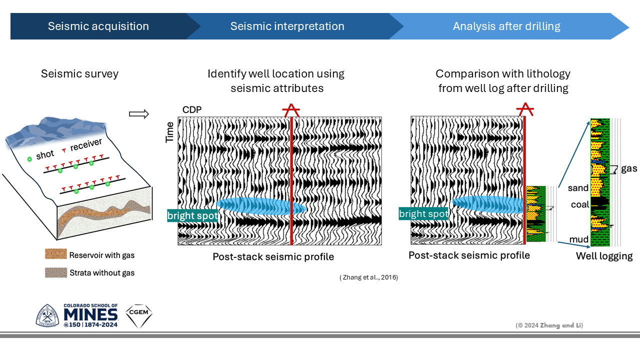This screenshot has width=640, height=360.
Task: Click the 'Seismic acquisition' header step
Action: [x=98, y=26]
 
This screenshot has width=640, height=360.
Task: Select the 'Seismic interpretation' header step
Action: [x=287, y=26]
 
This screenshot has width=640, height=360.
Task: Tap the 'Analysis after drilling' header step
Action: [x=506, y=26]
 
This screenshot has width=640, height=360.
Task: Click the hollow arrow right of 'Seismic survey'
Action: [x=139, y=114]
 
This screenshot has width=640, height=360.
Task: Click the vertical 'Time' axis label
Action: [x=170, y=132]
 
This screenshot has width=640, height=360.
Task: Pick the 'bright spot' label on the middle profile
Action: [x=192, y=216]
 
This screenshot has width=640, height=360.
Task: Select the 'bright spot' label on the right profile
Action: [x=424, y=214]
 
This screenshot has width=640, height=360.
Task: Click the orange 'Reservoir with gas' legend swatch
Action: [x=55, y=255]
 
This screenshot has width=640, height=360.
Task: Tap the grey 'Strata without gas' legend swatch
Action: [x=55, y=272]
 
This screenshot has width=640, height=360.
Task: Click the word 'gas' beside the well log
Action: [x=629, y=168]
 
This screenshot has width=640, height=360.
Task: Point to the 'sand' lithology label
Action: [x=578, y=188]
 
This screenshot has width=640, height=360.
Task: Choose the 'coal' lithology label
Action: [x=580, y=205]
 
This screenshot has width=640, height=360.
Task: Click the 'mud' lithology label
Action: [x=579, y=239]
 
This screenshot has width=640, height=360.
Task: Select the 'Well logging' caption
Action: [x=604, y=256]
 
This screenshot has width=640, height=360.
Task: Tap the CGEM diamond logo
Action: [x=138, y=315]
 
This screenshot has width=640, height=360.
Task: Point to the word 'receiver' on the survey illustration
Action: [x=86, y=144]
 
